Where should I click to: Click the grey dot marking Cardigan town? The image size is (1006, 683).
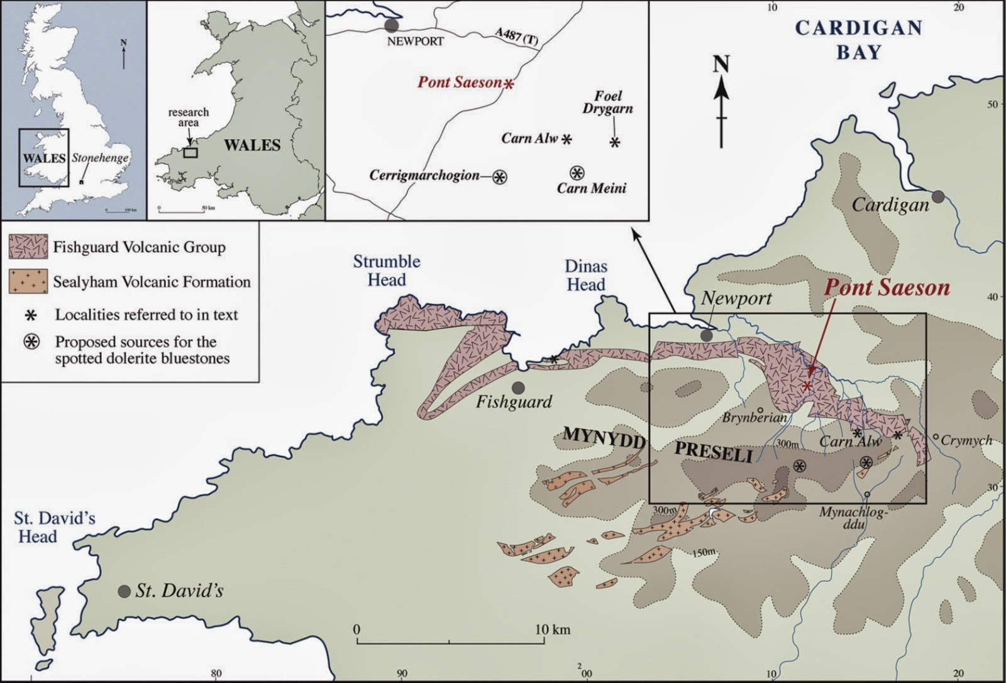coord(938,196)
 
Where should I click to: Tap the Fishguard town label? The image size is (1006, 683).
coord(513,401)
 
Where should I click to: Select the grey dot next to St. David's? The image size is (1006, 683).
coord(124,591)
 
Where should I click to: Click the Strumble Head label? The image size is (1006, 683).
coord(386,270)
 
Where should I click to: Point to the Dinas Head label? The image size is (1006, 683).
coord(585,275)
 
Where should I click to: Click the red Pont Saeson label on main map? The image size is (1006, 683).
coord(887,287)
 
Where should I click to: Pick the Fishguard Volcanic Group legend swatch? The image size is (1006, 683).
coord(28,247)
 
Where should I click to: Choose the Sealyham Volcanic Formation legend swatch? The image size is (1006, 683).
coord(28,282)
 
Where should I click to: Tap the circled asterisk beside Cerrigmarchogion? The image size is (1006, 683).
coord(499,177)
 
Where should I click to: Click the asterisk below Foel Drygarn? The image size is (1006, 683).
coord(614,142)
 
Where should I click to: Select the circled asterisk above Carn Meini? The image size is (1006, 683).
coord(576,172)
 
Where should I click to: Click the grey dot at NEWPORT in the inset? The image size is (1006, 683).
coord(391,25)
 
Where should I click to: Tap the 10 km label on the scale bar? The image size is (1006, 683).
coord(553,629)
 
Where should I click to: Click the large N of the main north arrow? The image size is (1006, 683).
coord(721,64)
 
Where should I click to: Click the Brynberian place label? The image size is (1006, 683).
coord(754,418)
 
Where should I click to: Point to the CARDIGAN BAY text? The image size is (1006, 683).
coord(858,40)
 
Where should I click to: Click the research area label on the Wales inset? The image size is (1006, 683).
coord(188,117)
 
